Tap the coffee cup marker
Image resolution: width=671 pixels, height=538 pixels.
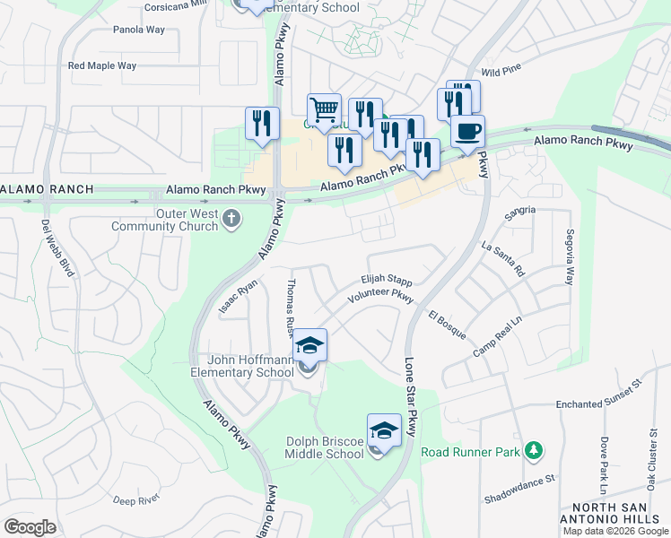pyautogui.click(x=466, y=133)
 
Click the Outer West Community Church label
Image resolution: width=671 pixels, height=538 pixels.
pyautogui.click(x=164, y=220)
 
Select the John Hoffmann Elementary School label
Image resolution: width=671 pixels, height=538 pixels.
pyautogui.click(x=242, y=366)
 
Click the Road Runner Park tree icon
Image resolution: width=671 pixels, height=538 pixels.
pyautogui.click(x=534, y=448)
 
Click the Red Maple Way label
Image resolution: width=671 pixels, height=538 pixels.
pyautogui.click(x=102, y=65)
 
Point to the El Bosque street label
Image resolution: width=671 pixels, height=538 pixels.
pyautogui.click(x=447, y=325)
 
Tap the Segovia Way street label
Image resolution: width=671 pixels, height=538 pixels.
pyautogui.click(x=568, y=256)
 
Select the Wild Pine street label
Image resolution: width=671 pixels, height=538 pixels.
pyautogui.click(x=501, y=70)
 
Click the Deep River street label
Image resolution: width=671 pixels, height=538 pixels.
pyautogui.click(x=136, y=499)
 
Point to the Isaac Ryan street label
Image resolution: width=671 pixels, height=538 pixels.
pyautogui.click(x=238, y=297)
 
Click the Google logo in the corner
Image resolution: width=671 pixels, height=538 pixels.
pyautogui.click(x=30, y=527)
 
